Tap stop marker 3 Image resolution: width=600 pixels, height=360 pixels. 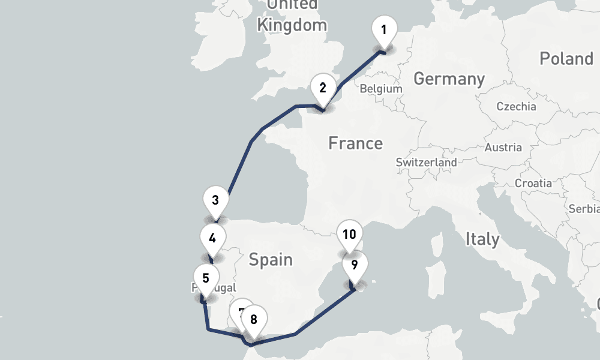(x=215, y=200)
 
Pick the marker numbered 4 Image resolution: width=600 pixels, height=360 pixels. (x=212, y=238)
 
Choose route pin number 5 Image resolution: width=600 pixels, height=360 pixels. (x=206, y=278)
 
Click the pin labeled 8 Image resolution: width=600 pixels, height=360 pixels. (x=254, y=319)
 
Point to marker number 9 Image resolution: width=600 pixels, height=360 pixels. (x=355, y=265)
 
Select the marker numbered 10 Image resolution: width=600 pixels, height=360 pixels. (x=350, y=235)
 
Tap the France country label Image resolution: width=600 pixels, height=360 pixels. (x=355, y=143)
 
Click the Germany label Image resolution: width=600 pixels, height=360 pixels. (x=449, y=79)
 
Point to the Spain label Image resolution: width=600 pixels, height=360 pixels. (x=271, y=260)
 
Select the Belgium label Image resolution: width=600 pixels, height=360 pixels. (x=380, y=89)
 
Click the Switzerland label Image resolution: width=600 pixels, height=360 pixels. (x=426, y=162)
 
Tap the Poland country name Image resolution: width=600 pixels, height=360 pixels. (x=566, y=59)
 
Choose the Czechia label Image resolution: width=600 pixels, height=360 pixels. (x=516, y=107)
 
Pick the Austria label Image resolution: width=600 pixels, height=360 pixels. (x=503, y=147)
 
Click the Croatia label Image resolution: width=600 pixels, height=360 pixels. (x=533, y=183)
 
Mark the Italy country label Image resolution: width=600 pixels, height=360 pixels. (x=482, y=239)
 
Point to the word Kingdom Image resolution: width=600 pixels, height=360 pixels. (x=292, y=25)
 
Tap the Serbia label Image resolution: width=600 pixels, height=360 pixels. (x=584, y=209)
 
